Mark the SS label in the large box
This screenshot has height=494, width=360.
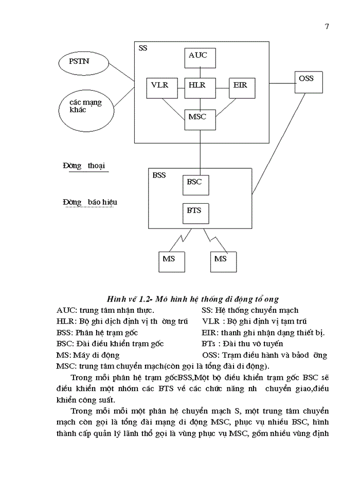143,48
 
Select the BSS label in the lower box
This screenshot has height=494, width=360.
159,175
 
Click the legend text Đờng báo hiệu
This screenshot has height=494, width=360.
90,202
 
